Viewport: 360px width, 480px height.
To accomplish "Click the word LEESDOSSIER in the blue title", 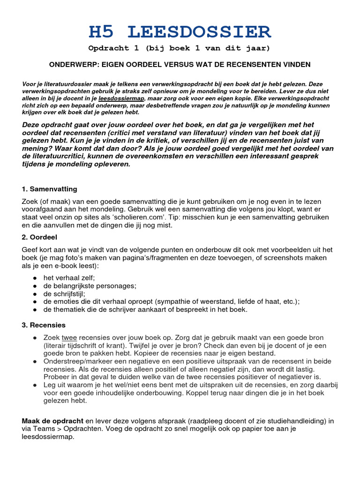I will (x=199, y=32).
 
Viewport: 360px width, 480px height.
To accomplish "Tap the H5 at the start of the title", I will (x=102, y=32).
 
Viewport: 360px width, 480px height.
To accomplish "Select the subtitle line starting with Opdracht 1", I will (x=180, y=48).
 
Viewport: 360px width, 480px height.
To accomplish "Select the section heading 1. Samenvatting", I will (x=49, y=189).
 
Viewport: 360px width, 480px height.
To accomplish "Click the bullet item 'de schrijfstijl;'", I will (x=65, y=293).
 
